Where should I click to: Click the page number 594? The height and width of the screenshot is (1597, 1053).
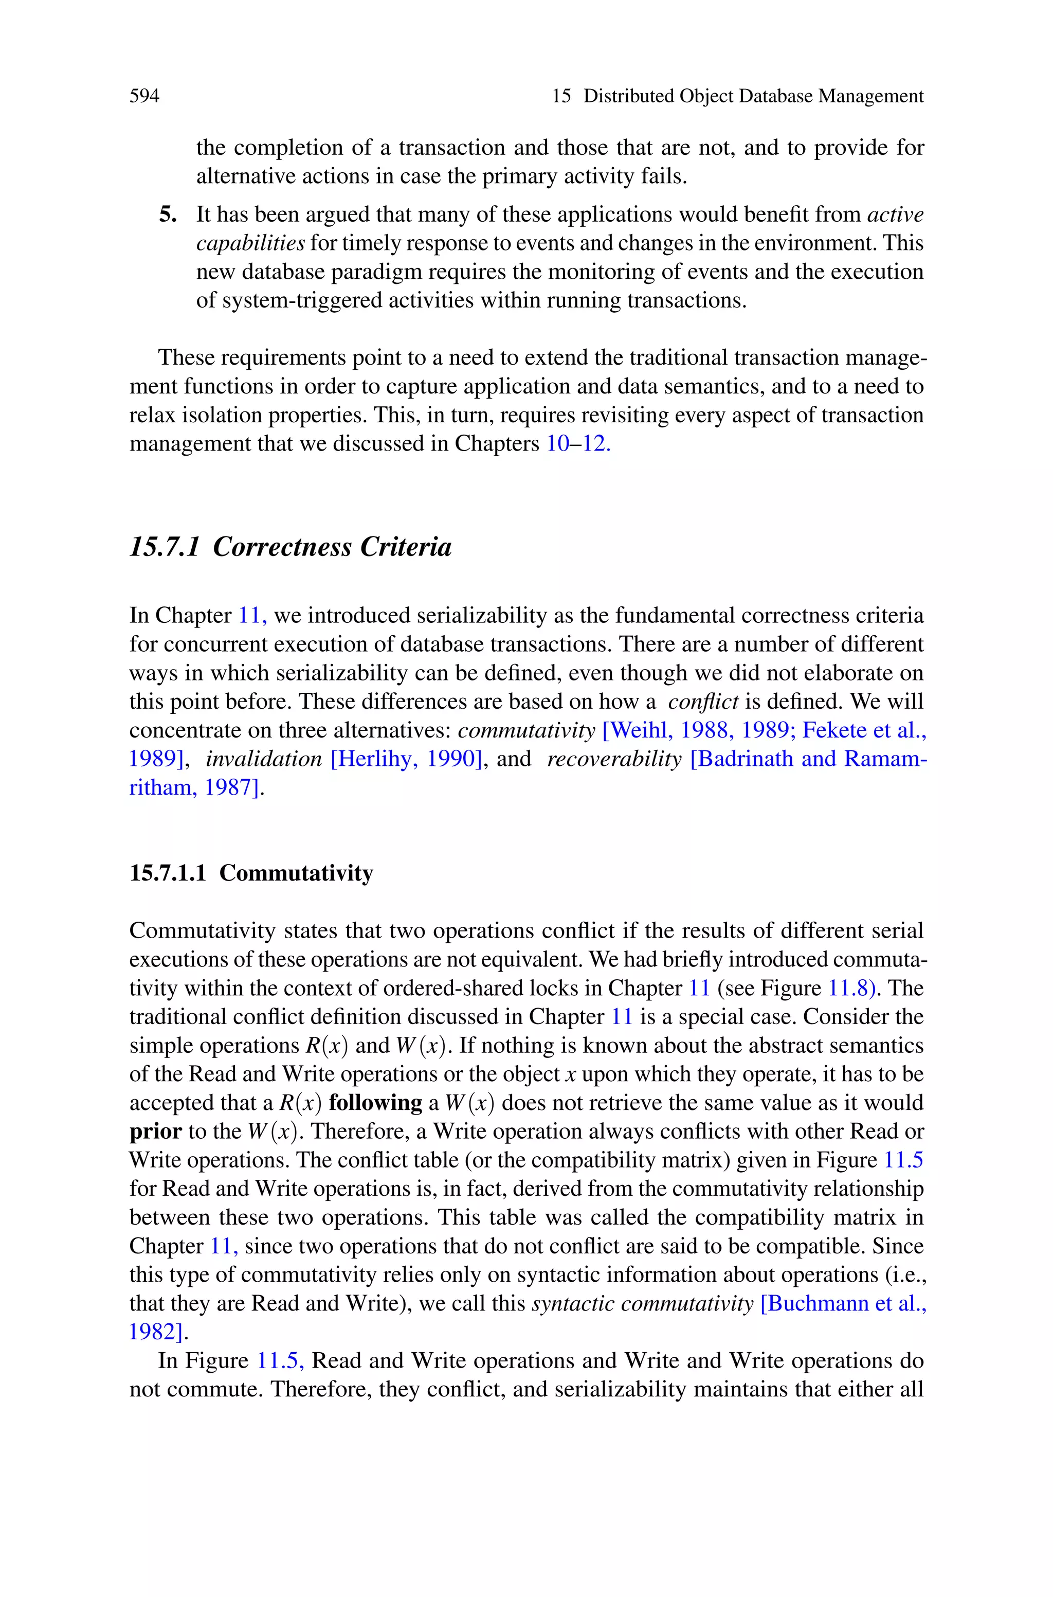click(144, 96)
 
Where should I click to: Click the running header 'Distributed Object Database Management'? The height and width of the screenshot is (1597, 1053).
click(753, 96)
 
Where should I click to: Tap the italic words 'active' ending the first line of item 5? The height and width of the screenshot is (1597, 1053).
click(895, 214)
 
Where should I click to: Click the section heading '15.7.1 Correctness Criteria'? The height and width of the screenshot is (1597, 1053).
click(290, 547)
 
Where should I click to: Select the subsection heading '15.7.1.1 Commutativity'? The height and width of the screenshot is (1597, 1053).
click(251, 872)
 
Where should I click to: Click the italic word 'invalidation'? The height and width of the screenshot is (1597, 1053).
click(263, 759)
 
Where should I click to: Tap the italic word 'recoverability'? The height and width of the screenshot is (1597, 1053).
click(614, 759)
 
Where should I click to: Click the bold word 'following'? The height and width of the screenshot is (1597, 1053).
click(375, 1103)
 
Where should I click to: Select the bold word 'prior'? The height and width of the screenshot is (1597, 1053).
click(155, 1132)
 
